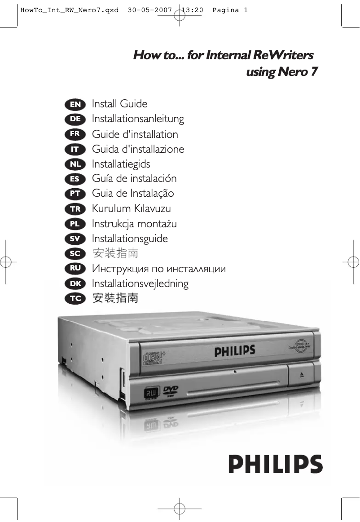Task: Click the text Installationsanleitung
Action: [x=138, y=119]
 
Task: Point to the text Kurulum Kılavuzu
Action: [x=131, y=208]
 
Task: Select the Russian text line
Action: [x=158, y=269]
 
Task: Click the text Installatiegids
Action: [x=121, y=164]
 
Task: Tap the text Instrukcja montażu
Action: [x=134, y=224]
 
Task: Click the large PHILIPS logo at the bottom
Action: [x=276, y=464]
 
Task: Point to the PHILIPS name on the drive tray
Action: [x=234, y=350]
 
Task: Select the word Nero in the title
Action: [x=291, y=72]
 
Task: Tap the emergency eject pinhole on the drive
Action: [x=235, y=372]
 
